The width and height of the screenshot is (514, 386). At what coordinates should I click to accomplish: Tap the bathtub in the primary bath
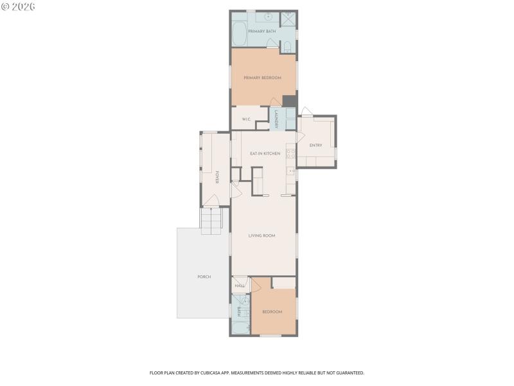click(x=238, y=34)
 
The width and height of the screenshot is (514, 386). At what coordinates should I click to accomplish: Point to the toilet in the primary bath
click(x=287, y=46)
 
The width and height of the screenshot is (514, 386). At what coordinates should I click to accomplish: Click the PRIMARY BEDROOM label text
click(x=262, y=78)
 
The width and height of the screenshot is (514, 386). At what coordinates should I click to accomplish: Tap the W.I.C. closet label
click(x=246, y=120)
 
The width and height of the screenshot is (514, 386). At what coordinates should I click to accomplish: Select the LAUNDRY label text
click(x=276, y=119)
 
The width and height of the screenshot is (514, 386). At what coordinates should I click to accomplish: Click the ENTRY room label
click(x=315, y=145)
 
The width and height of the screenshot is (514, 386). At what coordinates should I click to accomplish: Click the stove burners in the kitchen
click(x=290, y=153)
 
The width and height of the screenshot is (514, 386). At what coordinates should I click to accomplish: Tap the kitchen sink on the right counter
click(x=291, y=172)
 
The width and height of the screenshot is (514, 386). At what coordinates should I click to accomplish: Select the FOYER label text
click(x=217, y=177)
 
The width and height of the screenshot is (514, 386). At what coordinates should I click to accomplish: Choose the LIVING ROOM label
click(x=261, y=235)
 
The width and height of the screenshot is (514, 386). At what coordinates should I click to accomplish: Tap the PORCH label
click(x=204, y=277)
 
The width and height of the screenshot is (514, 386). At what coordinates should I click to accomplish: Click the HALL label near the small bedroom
click(x=240, y=286)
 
